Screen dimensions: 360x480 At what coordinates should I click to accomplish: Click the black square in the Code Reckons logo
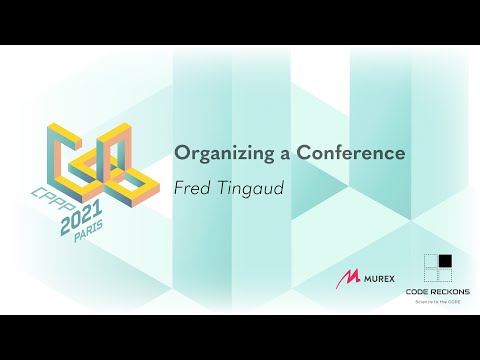tap(445, 262)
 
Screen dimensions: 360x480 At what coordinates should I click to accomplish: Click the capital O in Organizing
tap(183, 154)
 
